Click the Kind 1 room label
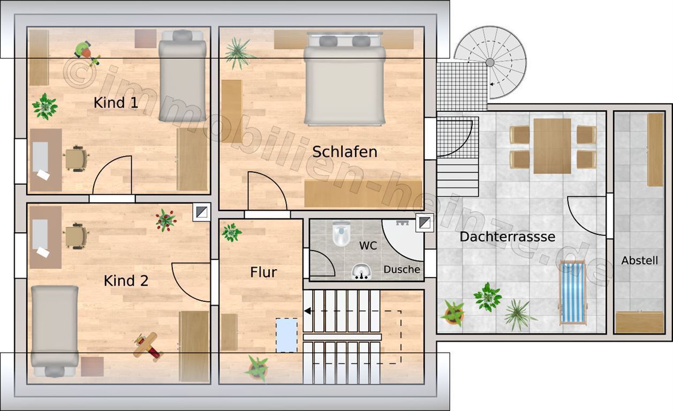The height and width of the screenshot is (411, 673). click(116, 103)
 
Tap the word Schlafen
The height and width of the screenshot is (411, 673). click(345, 151)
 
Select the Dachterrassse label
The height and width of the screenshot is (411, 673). click(508, 237)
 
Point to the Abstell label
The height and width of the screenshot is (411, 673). click(640, 260)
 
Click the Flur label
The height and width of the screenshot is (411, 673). click(263, 272)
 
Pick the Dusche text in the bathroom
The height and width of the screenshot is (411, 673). click(402, 269)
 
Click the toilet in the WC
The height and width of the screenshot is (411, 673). click(342, 233)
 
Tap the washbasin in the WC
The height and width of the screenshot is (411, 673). click(361, 272)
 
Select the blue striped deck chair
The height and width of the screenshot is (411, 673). click(573, 293)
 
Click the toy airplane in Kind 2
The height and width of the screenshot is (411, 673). click(148, 346)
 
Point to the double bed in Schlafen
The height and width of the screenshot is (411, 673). click(345, 79)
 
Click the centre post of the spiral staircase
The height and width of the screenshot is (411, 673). click(490, 63)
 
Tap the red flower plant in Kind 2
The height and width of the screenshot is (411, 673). click(166, 220)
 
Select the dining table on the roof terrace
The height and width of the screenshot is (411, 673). click(552, 146)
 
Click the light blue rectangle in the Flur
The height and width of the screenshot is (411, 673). click(286, 336)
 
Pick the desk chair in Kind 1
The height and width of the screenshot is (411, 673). click(76, 158)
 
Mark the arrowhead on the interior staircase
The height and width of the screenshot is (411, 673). click(307, 311)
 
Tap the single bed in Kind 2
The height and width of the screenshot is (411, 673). click(55, 331)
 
